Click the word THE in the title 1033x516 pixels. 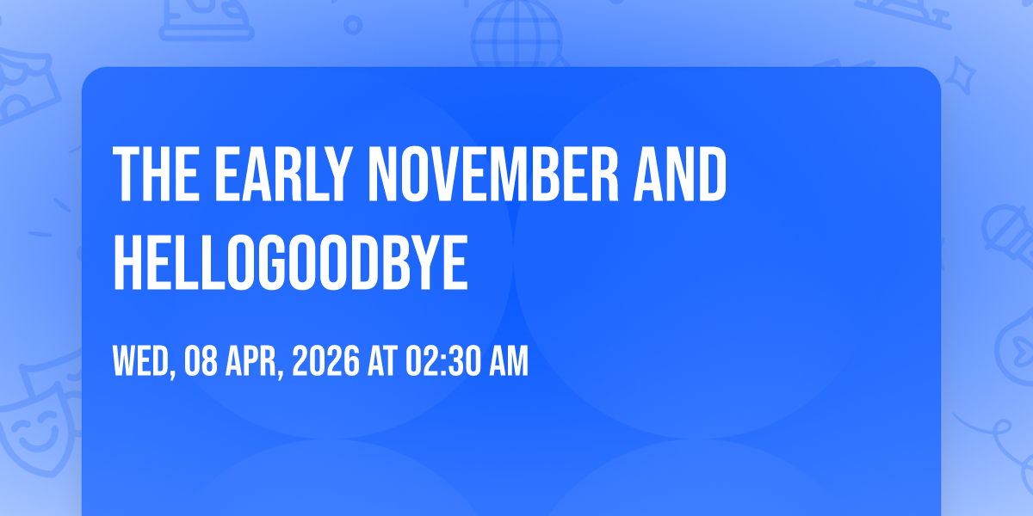(157, 174)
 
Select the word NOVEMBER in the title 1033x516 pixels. (493, 174)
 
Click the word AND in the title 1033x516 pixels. (681, 174)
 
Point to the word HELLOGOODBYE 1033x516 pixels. (291, 262)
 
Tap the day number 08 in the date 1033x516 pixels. (201, 361)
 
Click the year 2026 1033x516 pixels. (326, 361)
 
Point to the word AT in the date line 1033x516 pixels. (383, 361)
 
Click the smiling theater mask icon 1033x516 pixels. (37, 428)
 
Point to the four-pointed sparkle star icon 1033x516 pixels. (961, 76)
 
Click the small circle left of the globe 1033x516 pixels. (353, 25)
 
